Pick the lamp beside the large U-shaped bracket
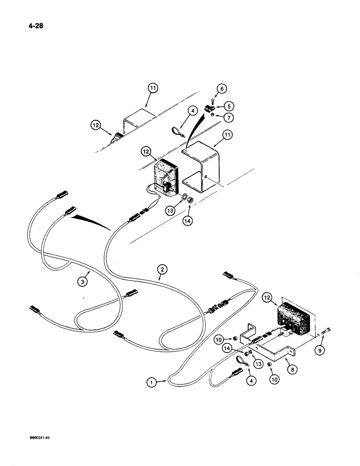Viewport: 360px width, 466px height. pyautogui.click(x=166, y=178)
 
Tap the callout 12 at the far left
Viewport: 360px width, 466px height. pyautogui.click(x=96, y=125)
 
